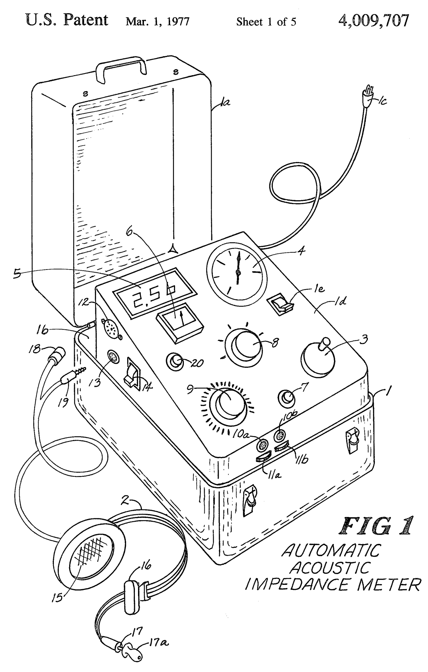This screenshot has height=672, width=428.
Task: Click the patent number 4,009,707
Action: pos(373,21)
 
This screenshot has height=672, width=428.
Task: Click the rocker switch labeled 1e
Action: pos(281,306)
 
